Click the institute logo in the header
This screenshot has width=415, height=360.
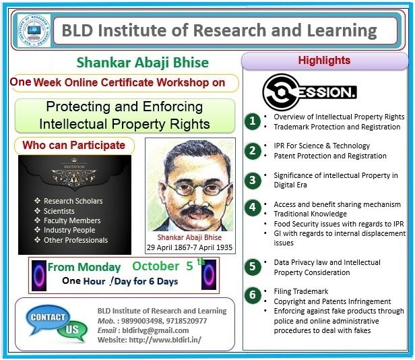(x=34, y=30)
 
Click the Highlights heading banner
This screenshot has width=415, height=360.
(x=325, y=61)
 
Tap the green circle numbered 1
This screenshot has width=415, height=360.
(x=253, y=121)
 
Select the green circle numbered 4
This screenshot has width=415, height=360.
(x=253, y=208)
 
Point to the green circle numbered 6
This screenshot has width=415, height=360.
(x=253, y=295)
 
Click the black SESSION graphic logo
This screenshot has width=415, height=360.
(x=309, y=92)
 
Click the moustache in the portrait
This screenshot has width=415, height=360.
(x=197, y=210)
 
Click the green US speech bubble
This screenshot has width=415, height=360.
(x=72, y=331)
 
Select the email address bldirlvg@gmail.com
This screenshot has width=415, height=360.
(x=156, y=330)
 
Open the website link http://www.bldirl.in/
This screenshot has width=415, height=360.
(x=165, y=340)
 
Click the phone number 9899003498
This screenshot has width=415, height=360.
(x=141, y=321)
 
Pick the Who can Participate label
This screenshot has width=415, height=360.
(x=74, y=145)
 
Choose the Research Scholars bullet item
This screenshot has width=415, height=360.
(x=69, y=201)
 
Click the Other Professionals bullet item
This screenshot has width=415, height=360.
(x=71, y=240)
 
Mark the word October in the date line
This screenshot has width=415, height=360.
(x=156, y=266)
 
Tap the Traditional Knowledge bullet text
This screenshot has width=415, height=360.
(x=310, y=214)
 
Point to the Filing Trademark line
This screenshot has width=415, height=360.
(x=301, y=291)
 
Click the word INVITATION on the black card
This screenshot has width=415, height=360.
(x=74, y=167)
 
